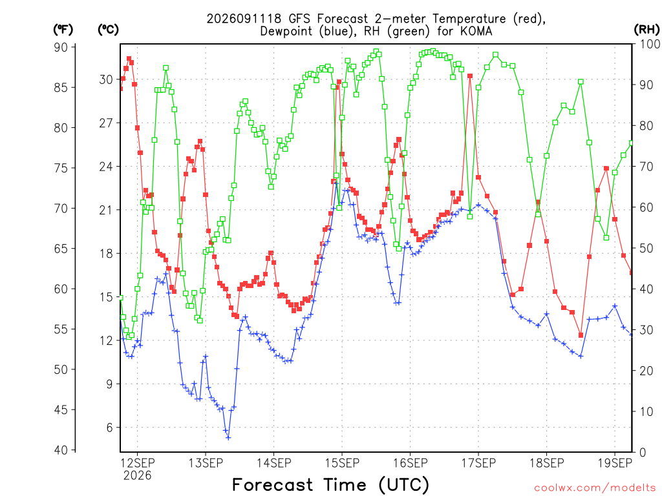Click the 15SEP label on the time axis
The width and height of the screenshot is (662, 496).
342,463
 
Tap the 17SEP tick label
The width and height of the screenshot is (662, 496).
478,463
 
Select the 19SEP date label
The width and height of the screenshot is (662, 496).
615,463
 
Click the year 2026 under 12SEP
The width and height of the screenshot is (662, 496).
137,476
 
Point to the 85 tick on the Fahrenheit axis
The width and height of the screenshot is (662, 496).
61,87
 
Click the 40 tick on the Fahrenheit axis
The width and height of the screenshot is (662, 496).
61,450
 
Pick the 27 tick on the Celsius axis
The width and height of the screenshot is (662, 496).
107,123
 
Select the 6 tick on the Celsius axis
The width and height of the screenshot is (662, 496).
110,428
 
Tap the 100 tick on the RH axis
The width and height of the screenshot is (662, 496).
650,44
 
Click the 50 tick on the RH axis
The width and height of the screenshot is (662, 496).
646,248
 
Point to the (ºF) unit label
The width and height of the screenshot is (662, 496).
63,30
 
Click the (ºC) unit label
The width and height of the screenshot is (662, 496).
108,30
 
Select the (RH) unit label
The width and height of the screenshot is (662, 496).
646,30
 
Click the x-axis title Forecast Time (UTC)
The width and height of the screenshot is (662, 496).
330,485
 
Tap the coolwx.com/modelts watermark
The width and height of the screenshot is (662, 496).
595,488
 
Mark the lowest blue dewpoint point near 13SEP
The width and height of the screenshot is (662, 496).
228,438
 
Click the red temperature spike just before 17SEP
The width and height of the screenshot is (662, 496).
470,76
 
